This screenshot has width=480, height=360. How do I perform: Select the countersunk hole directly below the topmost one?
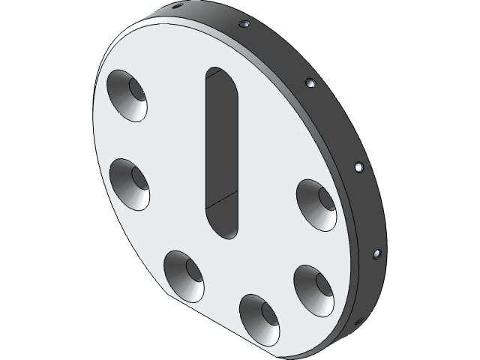pos(129,184)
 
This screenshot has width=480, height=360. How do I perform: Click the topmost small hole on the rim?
pos(177,6)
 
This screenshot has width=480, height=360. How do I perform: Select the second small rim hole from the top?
pos(243,25)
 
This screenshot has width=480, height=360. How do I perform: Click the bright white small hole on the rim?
pos(358,166)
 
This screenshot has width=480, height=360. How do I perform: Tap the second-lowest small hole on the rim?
pos(376,254)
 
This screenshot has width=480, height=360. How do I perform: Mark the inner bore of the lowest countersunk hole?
pos(268,311)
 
